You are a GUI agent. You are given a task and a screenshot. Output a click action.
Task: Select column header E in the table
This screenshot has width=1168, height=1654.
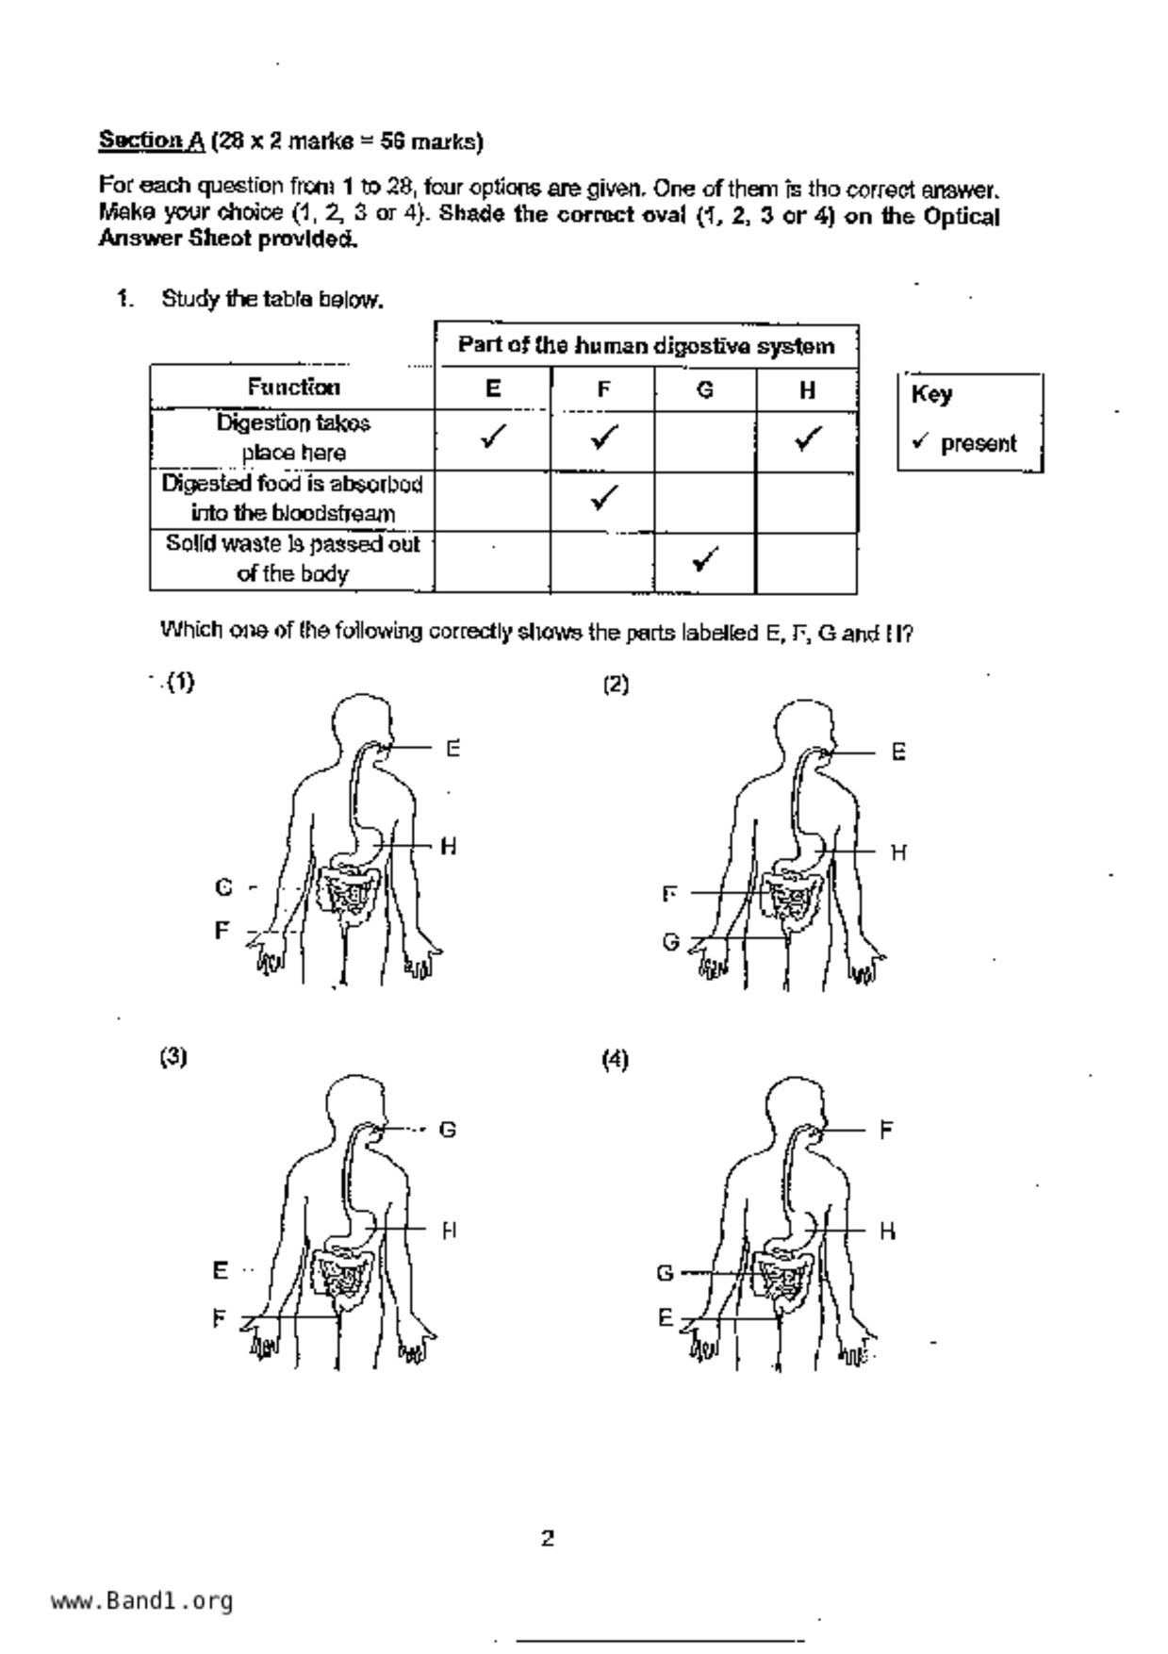pyautogui.click(x=493, y=389)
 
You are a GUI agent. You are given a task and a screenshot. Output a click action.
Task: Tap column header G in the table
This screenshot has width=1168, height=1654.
pyautogui.click(x=705, y=389)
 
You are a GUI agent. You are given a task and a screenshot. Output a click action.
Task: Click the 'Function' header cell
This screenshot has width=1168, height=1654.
pyautogui.click(x=293, y=387)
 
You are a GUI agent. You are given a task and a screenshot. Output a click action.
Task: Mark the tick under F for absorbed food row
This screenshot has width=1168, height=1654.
pyautogui.click(x=603, y=497)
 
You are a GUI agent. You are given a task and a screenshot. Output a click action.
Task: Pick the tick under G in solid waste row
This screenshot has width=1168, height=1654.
pyautogui.click(x=705, y=559)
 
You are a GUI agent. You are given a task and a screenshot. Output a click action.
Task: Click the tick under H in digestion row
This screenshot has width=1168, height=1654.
pyautogui.click(x=807, y=438)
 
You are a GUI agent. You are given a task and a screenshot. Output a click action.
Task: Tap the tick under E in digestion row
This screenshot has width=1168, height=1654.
pyautogui.click(x=493, y=437)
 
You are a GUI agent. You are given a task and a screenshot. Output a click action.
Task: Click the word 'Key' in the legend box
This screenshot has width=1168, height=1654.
pyautogui.click(x=931, y=394)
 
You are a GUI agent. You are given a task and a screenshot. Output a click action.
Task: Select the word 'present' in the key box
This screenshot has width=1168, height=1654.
pyautogui.click(x=979, y=443)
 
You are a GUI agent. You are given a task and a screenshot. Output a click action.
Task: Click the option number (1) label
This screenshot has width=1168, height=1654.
pyautogui.click(x=180, y=683)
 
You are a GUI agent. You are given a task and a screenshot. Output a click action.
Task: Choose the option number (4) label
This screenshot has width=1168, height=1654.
pyautogui.click(x=615, y=1059)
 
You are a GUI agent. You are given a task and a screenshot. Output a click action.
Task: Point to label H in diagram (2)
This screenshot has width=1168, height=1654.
pyautogui.click(x=898, y=852)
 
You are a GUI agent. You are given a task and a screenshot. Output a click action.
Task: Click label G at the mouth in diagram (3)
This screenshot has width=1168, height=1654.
pyautogui.click(x=448, y=1129)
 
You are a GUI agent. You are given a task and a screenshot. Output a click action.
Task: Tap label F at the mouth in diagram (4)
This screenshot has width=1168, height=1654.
pyautogui.click(x=886, y=1129)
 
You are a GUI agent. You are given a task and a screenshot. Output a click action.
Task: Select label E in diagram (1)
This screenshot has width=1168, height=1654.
pyautogui.click(x=453, y=749)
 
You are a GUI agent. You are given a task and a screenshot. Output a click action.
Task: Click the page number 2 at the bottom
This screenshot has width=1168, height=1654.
pyautogui.click(x=548, y=1539)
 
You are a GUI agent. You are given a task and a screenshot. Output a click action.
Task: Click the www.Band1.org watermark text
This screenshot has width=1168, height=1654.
pyautogui.click(x=142, y=1600)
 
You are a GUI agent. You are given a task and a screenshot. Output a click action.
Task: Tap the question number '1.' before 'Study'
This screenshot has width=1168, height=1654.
pyautogui.click(x=125, y=300)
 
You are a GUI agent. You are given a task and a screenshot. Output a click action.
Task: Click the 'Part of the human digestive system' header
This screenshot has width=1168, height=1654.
pyautogui.click(x=646, y=346)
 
